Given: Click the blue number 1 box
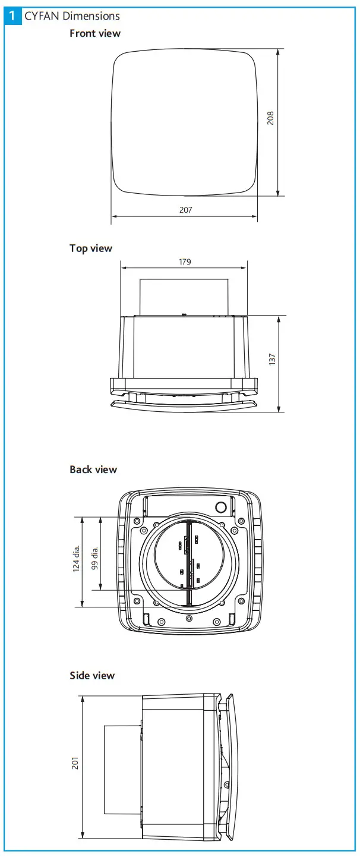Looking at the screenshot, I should [x=12, y=15].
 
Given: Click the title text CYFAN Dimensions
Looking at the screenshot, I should [x=72, y=16].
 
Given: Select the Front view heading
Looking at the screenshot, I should [x=95, y=33].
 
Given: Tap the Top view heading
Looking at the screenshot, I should [x=91, y=248].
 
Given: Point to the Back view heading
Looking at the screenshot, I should [x=93, y=470].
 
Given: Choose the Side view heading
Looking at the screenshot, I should [x=92, y=676].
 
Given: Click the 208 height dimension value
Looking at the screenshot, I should [x=271, y=118].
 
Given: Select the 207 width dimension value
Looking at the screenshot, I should [x=185, y=210].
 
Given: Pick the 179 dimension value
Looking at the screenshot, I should [x=185, y=261].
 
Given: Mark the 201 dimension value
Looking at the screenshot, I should [x=75, y=763].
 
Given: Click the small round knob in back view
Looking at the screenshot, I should [x=221, y=508].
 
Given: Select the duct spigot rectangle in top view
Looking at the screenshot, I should [x=184, y=297].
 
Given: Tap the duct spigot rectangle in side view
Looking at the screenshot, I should [x=122, y=769].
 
